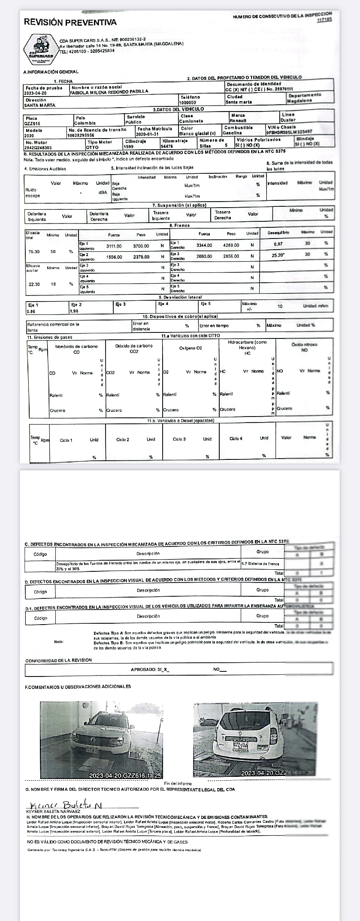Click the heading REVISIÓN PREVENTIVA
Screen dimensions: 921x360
(x=70, y=22)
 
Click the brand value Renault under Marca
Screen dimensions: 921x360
(x=239, y=121)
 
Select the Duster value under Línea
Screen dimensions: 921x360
(x=288, y=121)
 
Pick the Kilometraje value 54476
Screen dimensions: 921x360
(x=167, y=146)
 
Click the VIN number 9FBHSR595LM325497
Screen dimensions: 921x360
(x=290, y=132)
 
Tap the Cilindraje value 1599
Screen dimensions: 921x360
(x=128, y=146)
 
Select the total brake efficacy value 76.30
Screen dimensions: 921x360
(x=34, y=252)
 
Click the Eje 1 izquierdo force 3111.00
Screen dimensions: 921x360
(x=114, y=246)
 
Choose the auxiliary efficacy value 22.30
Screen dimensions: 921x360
(x=34, y=284)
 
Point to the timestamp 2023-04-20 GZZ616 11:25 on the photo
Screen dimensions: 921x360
(x=125, y=776)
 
